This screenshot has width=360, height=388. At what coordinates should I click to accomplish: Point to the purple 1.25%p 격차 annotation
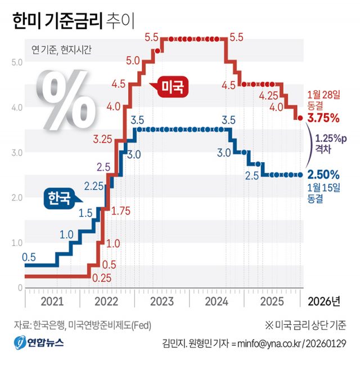click(331, 143)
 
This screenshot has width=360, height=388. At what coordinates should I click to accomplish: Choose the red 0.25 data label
click(102, 278)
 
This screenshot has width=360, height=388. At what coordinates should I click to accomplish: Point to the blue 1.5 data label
click(85, 213)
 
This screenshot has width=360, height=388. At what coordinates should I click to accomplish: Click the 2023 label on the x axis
click(162, 301)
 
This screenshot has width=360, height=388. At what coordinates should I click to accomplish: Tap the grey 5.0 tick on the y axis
click(17, 62)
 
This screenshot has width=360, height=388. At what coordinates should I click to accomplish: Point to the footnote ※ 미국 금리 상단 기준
click(305, 325)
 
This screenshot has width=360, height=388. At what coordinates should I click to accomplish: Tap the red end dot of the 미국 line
click(300, 118)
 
